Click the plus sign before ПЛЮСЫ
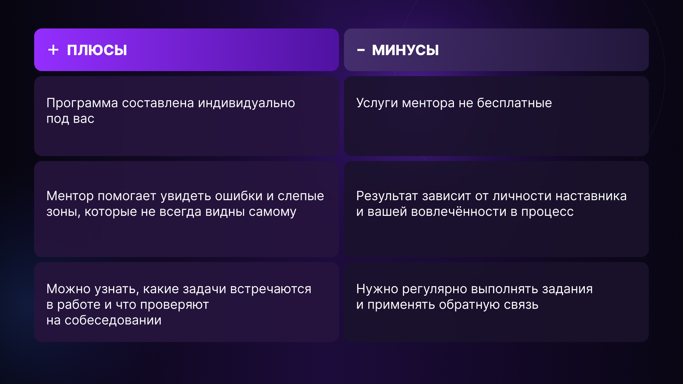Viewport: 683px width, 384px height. click(x=53, y=50)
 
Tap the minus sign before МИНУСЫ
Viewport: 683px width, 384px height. click(x=361, y=50)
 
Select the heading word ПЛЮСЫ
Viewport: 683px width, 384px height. click(x=97, y=50)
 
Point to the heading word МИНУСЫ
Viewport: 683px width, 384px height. click(x=405, y=50)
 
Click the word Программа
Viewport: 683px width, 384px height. click(x=82, y=103)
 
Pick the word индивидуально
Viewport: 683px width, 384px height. click(x=247, y=103)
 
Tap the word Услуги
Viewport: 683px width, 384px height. click(x=377, y=103)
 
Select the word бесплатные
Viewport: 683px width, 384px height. click(x=514, y=103)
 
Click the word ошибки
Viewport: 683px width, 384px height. click(x=239, y=196)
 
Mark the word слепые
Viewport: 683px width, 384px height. click(x=301, y=196)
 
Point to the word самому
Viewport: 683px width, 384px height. click(x=272, y=212)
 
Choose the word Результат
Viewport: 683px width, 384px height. click(x=387, y=196)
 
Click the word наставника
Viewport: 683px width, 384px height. click(x=591, y=196)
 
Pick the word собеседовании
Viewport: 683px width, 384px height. click(x=113, y=320)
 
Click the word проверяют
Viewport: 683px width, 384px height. click(x=174, y=305)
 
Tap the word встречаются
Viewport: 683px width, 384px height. click(x=271, y=289)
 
